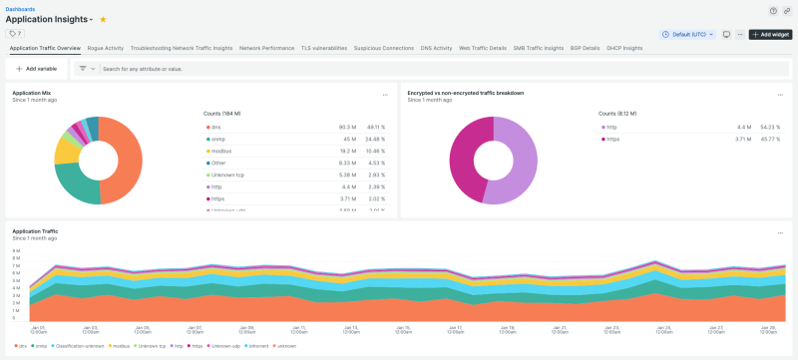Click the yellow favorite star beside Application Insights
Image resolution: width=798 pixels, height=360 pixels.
(103, 19)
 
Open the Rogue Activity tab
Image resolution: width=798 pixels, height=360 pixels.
(106, 48)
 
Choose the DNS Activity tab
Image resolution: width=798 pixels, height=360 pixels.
(436, 48)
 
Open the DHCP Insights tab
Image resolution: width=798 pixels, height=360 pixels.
(624, 48)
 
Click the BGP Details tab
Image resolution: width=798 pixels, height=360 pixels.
(585, 48)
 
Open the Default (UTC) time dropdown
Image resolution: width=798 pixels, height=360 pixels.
(688, 34)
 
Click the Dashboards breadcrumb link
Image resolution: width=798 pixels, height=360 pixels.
(21, 8)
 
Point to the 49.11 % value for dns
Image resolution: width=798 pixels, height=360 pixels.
(370, 127)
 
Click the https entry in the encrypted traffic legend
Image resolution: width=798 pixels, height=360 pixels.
(614, 141)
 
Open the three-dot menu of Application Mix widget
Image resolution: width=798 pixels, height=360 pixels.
(386, 95)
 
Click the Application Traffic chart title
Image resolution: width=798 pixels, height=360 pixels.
(35, 231)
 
